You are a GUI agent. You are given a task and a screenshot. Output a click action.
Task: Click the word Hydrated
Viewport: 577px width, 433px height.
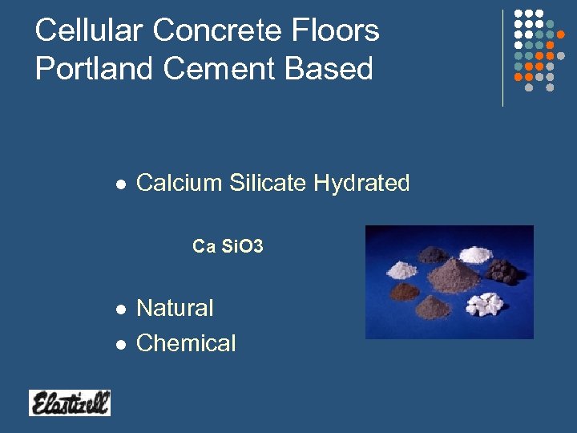tap(361, 183)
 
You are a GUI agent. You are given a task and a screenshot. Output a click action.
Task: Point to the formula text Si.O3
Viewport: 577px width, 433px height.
tap(240, 247)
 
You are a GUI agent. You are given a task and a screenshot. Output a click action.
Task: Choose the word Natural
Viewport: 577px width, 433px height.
tap(175, 308)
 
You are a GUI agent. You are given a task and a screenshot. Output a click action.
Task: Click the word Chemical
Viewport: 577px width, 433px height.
tap(186, 343)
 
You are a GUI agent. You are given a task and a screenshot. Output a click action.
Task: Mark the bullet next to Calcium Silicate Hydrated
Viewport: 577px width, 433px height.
tap(120, 184)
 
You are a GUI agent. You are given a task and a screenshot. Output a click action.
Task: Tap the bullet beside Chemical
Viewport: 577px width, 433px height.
tap(120, 345)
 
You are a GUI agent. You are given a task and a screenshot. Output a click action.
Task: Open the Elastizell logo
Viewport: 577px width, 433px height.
tap(70, 403)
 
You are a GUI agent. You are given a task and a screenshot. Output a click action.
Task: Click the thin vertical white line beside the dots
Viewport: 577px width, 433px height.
tap(502, 58)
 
